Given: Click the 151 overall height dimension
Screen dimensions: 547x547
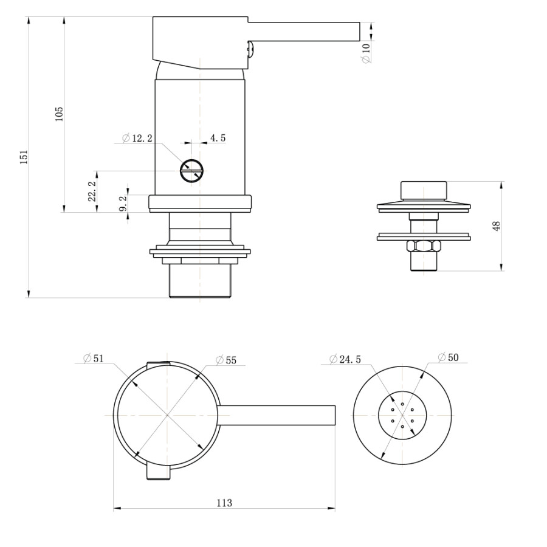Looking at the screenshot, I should [24, 157].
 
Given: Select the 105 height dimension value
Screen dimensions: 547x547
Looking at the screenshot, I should [59, 114].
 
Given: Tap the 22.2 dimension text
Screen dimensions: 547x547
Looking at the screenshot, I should [92, 191].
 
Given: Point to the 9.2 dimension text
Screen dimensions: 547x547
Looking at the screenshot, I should [123, 203].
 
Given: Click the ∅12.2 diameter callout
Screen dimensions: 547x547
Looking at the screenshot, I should [137, 139].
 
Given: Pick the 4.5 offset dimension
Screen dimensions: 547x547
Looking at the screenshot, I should [218, 139].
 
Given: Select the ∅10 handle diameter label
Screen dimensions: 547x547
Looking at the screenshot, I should [366, 53].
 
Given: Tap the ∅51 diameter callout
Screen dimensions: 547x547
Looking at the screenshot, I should [94, 359].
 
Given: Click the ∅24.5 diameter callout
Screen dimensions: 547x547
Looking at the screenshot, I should [345, 359].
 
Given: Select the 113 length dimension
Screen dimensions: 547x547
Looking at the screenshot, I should [224, 503].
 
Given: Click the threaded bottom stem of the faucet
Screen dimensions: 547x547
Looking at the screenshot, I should [200, 281].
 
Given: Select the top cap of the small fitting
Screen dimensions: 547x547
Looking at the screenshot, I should [423, 189].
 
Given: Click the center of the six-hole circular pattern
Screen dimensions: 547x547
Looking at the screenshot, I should [402, 416].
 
